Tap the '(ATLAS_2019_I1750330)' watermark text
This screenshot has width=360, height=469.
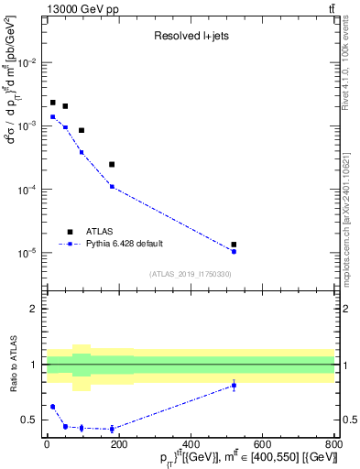191,274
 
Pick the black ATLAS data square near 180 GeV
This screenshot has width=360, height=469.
112,164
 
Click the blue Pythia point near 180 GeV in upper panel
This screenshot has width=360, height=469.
112,186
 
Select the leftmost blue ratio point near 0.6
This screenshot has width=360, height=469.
52,406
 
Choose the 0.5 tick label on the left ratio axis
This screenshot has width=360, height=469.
31,420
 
